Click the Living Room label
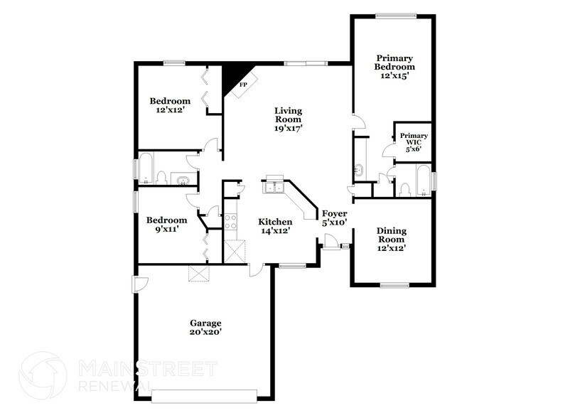coord(289,119)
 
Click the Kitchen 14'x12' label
coord(275,226)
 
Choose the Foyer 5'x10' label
coord(334,218)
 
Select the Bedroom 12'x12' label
coord(170,105)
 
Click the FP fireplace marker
coord(242,85)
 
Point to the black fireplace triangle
coord(232,76)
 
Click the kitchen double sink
coord(274,186)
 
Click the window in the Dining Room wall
coord(392,285)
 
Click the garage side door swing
coord(140,284)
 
